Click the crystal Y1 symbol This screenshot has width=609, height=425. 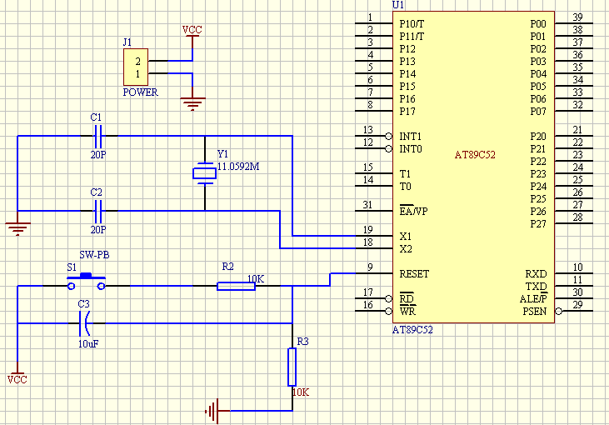coord(203,173)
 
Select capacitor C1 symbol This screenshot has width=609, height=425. coord(97,135)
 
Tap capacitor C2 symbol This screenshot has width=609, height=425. coord(97,211)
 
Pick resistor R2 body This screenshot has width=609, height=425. coord(236,286)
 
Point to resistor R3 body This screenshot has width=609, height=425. coord(292,367)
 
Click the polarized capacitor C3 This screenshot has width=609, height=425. coord(84,322)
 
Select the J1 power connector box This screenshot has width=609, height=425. coord(137,67)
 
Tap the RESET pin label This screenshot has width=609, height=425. coord(415,273)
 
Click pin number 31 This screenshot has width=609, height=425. coord(367,205)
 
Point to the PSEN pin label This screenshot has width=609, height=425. coord(535,312)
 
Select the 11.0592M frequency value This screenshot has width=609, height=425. coord(238,167)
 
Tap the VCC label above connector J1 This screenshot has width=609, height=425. coord(192,30)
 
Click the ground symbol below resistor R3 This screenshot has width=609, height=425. coord(214,410)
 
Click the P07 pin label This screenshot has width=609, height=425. coord(538,111)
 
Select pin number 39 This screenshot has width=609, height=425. coord(577,17)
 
